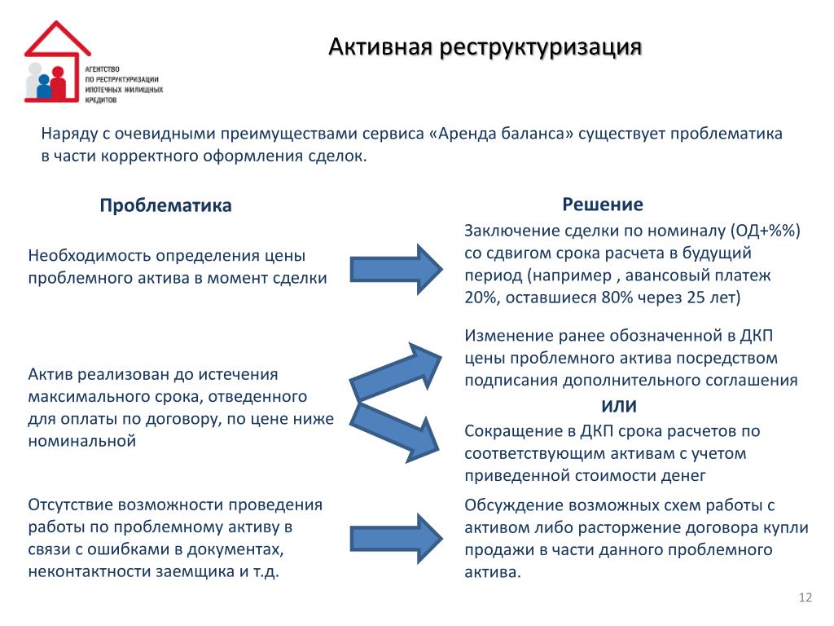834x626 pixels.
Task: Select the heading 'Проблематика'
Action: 165,205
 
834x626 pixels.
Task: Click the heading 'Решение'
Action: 602,204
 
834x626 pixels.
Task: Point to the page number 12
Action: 805,599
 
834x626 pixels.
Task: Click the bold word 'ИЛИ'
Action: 619,407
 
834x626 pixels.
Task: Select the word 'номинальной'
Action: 81,441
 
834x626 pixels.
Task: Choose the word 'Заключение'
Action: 510,231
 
